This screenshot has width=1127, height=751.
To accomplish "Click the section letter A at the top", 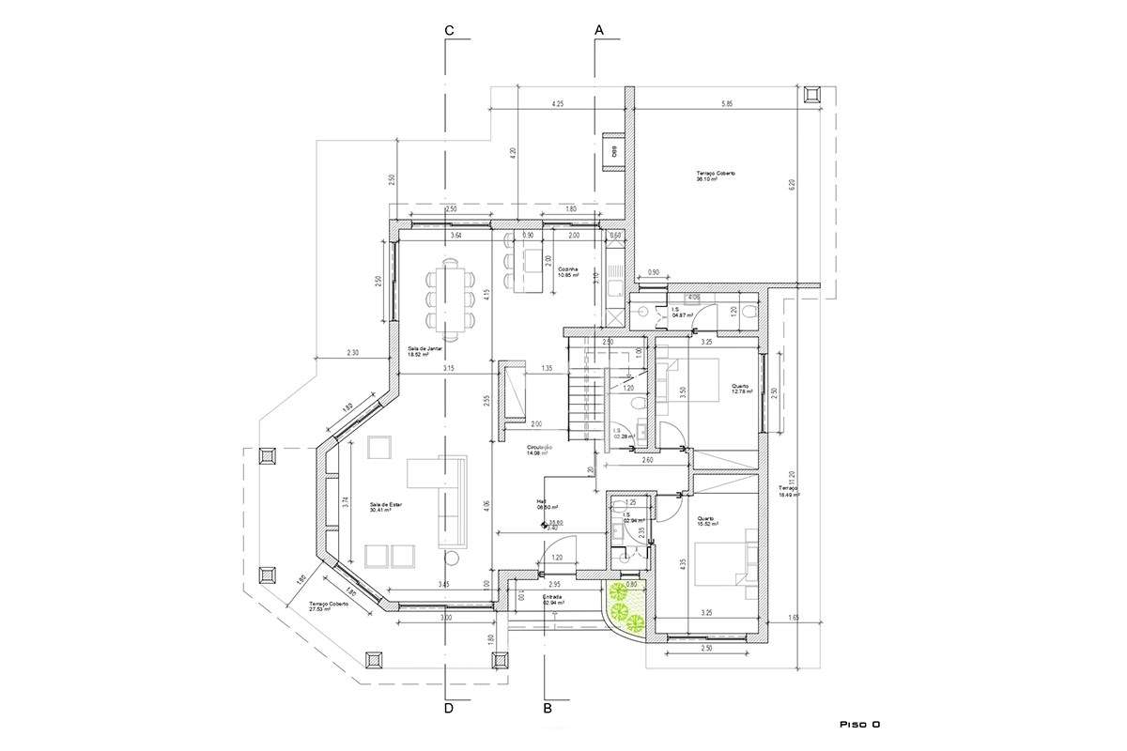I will click(598, 31).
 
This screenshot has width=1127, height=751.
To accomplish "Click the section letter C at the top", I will click(450, 31).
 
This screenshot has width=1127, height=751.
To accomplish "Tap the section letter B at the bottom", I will click(548, 709).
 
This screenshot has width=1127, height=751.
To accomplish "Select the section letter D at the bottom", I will click(449, 709).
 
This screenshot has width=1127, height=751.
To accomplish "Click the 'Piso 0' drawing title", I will click(858, 725).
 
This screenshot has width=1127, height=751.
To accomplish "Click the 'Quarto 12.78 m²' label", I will click(741, 389).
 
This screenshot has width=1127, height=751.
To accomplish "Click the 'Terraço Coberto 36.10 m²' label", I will click(716, 176).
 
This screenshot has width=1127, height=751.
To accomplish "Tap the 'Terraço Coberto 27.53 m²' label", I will click(329, 606).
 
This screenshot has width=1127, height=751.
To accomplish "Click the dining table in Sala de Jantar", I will click(451, 299).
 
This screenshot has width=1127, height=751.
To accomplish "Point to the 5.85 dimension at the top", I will click(727, 104).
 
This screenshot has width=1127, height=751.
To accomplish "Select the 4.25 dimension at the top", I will click(557, 104).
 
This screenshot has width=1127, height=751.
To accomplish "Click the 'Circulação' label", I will click(539, 450).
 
